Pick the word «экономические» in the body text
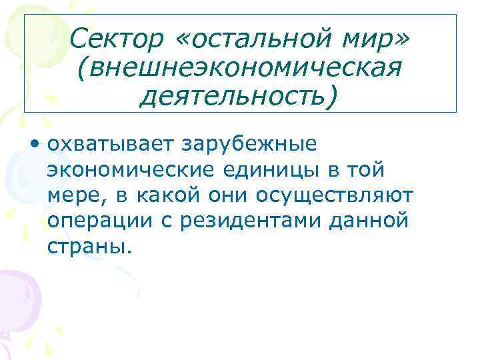[131, 170]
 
